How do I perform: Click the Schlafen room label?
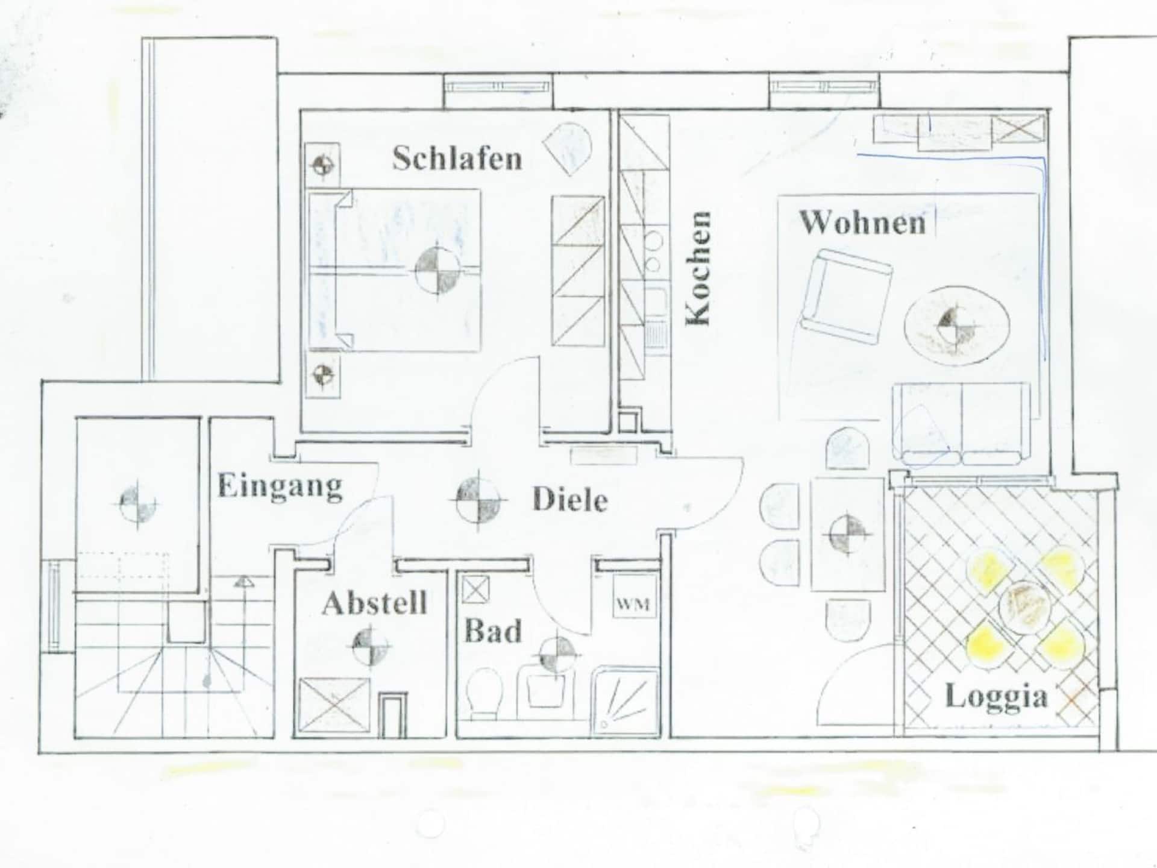pyautogui.click(x=457, y=159)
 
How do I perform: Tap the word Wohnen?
pyautogui.click(x=862, y=222)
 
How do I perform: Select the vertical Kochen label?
pyautogui.click(x=699, y=268)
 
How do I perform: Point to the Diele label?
pyautogui.click(x=569, y=500)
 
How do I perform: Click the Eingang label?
pyautogui.click(x=280, y=486)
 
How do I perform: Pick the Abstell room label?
pyautogui.click(x=375, y=603)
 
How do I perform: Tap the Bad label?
pyautogui.click(x=492, y=631)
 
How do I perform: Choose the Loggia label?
pyautogui.click(x=996, y=698)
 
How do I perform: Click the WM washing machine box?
pyautogui.click(x=633, y=603)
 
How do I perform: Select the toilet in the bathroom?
pyautogui.click(x=486, y=693)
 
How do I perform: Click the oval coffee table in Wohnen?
pyautogui.click(x=957, y=325)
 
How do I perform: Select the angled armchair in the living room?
pyautogui.click(x=846, y=297)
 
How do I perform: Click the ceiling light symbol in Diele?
pyautogui.click(x=478, y=500)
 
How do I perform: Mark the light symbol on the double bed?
pyautogui.click(x=438, y=270)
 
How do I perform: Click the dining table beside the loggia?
pyautogui.click(x=847, y=533)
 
